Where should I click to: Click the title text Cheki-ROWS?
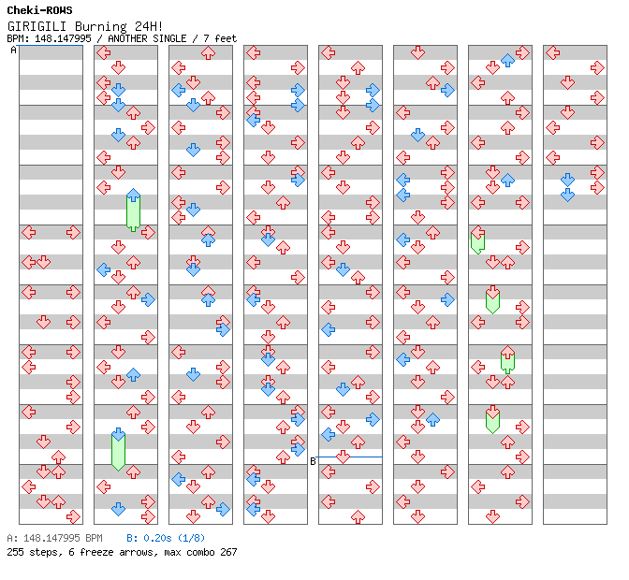39,10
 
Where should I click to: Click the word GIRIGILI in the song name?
37,25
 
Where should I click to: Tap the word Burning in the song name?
96,25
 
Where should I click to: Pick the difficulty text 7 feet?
220,38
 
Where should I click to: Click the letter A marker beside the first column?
13,51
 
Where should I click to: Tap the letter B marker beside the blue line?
313,460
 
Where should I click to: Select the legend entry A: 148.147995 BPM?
54,539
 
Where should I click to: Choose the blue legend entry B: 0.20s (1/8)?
166,539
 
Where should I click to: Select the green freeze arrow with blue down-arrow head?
118,449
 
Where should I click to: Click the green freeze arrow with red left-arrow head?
477,240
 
